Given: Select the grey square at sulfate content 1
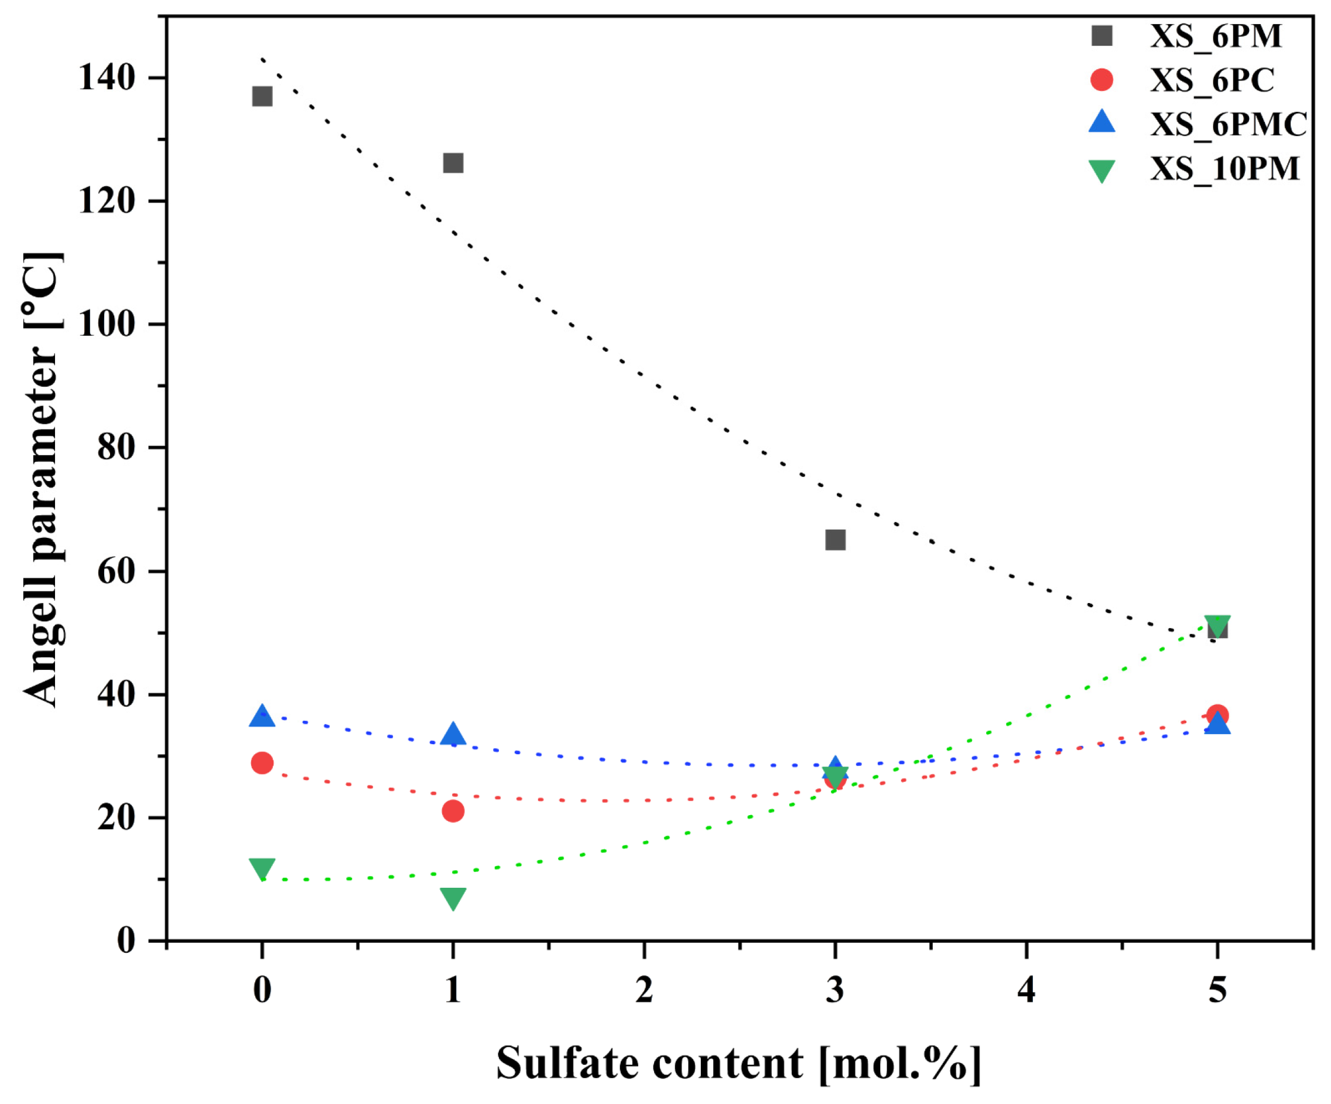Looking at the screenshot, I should [453, 163].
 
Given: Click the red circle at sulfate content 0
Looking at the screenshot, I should [262, 763].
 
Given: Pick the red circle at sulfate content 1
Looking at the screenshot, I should [453, 811].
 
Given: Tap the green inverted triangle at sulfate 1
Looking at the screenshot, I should [453, 898].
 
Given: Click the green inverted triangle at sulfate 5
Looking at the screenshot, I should [1217, 625].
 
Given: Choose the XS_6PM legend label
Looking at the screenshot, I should [1215, 36].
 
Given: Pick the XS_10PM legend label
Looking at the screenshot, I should [1224, 169].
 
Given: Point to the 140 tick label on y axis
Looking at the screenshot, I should [107, 78].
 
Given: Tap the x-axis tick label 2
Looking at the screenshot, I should [644, 990].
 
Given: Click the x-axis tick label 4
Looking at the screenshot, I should [1026, 990].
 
